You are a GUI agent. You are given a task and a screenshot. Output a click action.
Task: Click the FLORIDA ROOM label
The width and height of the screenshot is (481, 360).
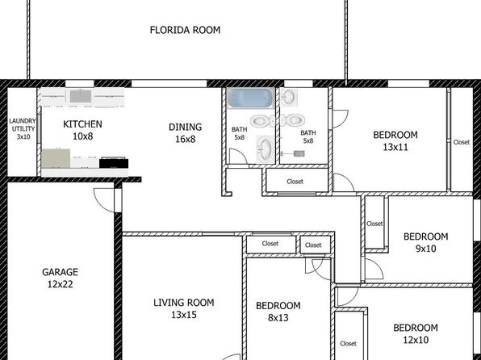[x=185, y=30]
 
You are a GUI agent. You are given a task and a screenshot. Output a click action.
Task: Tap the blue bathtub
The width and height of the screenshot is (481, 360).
[x=251, y=98]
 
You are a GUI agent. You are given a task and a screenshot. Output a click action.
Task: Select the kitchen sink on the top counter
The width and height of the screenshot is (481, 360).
[x=81, y=96]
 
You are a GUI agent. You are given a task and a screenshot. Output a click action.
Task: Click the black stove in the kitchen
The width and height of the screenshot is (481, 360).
[x=114, y=162]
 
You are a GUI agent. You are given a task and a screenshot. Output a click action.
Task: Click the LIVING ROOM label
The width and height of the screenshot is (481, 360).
[x=184, y=303]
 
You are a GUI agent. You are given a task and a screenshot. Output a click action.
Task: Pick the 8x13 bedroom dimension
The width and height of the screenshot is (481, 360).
[x=278, y=318]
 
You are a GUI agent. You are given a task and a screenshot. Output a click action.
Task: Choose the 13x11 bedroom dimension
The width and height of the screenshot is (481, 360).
[x=395, y=147]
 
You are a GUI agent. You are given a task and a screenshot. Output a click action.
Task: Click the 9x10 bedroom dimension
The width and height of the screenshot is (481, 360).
[x=426, y=249]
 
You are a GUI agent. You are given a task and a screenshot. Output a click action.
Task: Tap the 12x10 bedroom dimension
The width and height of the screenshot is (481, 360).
[x=416, y=340]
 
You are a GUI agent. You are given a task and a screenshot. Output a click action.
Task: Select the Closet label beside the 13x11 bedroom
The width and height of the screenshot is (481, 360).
[x=462, y=142]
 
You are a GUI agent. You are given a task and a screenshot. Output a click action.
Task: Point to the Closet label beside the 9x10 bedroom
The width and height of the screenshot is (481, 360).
[x=374, y=224]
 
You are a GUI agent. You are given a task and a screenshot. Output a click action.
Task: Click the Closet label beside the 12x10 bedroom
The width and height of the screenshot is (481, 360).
[x=348, y=343]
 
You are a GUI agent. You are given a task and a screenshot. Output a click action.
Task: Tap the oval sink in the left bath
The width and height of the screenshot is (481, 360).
[x=264, y=149]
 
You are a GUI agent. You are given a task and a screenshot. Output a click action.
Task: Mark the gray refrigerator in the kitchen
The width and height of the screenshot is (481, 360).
[x=56, y=159]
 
